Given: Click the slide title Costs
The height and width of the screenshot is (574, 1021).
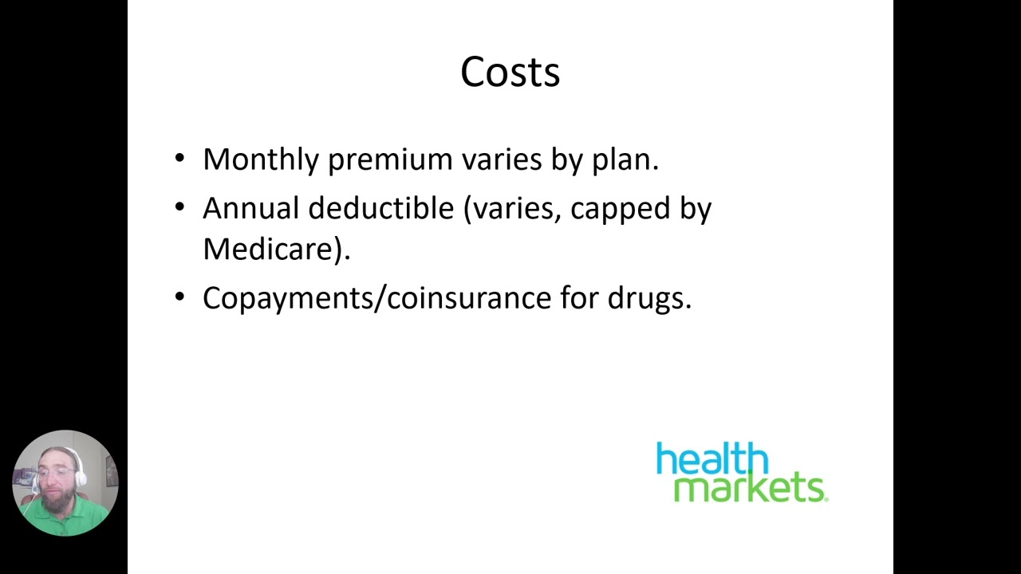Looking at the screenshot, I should (x=510, y=72).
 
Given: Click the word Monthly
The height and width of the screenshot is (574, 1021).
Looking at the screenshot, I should (x=261, y=159).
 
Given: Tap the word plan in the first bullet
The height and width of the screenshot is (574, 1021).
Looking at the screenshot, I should (x=624, y=160).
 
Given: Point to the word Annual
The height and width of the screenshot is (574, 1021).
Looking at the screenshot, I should (x=251, y=208).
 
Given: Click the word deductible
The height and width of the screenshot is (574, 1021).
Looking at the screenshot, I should (x=380, y=208).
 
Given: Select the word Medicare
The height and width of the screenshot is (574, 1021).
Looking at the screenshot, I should (x=271, y=249).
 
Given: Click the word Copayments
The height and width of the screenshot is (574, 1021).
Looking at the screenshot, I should (x=289, y=298).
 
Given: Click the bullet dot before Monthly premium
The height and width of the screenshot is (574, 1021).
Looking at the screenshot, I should (x=179, y=158).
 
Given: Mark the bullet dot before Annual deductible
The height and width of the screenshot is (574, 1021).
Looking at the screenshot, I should (x=179, y=207).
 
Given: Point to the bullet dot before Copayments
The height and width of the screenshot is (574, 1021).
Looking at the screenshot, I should (x=179, y=297).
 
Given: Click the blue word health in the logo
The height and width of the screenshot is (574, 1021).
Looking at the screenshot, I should (x=712, y=460).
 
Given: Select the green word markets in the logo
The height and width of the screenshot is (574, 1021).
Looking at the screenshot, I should (x=750, y=486).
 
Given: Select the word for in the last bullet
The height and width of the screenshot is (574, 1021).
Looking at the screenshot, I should (x=578, y=297).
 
